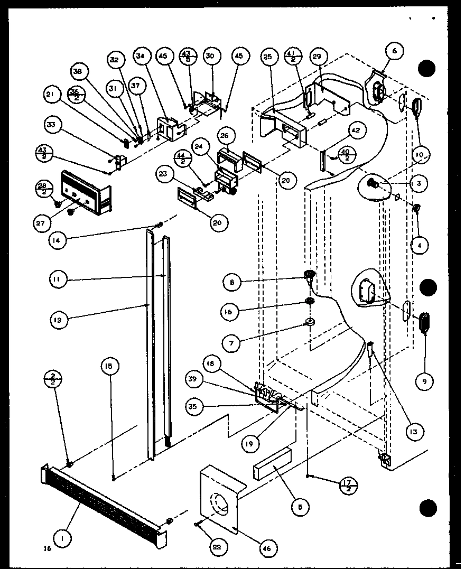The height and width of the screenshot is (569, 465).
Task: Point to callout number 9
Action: (424, 380)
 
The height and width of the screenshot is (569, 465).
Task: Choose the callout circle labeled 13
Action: (412, 432)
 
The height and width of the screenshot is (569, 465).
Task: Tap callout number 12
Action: (59, 319)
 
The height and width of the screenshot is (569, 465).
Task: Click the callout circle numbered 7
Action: (231, 342)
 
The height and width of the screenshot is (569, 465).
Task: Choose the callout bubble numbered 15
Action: (111, 365)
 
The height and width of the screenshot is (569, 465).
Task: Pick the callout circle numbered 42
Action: (355, 130)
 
